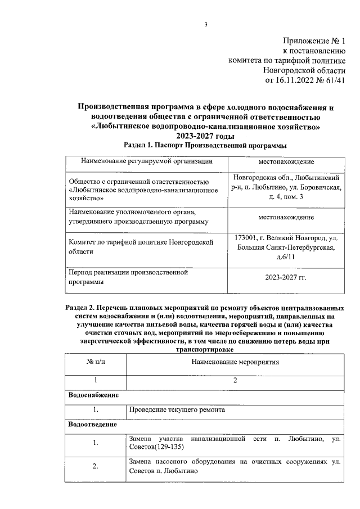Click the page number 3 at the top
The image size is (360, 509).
[x=206, y=24]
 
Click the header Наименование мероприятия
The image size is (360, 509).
[x=235, y=361]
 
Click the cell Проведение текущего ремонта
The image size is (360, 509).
[x=177, y=410]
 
